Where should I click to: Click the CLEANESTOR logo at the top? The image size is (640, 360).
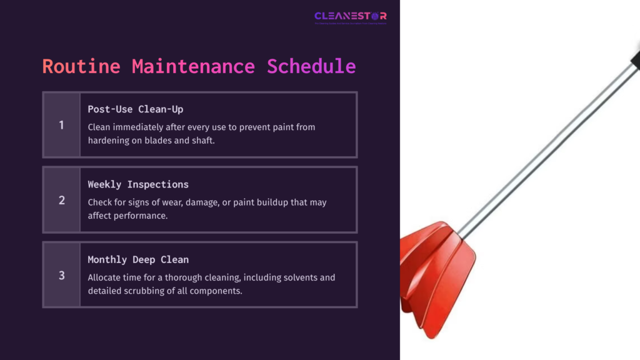tap(350, 16)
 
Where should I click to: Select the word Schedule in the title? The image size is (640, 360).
tap(311, 66)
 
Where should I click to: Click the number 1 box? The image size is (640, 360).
tap(61, 125)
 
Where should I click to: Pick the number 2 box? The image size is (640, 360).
tap(61, 200)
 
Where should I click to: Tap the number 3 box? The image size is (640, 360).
tap(61, 275)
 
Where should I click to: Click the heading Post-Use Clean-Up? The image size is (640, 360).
tap(136, 109)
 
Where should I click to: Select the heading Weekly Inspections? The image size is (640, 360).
tap(138, 184)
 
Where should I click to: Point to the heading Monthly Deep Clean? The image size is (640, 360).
tap(138, 259)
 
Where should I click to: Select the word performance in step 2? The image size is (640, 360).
tap(146, 215)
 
